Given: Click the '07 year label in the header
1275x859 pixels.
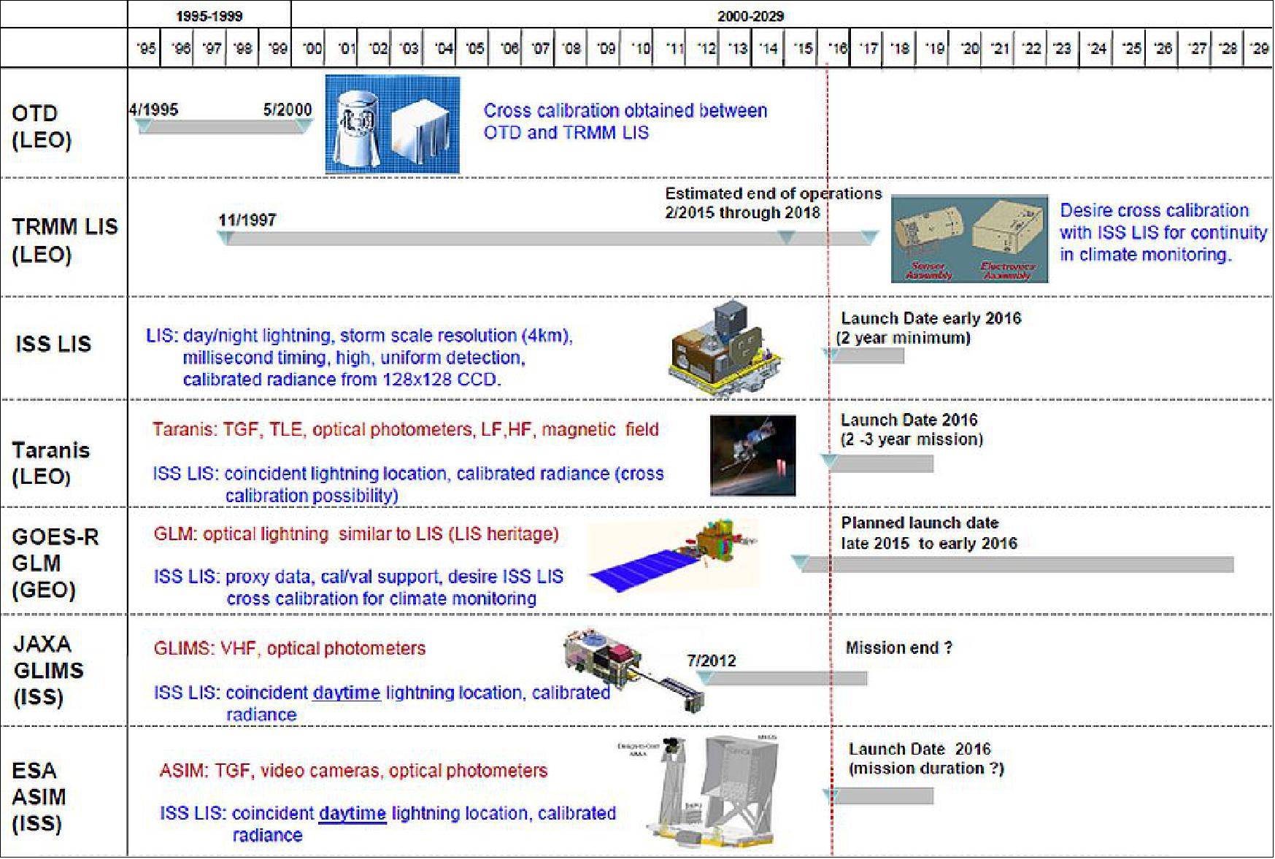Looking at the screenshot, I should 539,49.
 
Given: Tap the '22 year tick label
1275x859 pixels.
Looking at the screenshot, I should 1031,49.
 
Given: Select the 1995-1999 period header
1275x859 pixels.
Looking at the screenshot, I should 209,15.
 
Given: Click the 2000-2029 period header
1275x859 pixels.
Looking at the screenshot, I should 750,15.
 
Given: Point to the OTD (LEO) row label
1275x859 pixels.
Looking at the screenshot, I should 42,126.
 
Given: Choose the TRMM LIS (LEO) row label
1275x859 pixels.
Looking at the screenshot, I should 64,240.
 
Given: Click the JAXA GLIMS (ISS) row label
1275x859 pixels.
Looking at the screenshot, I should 48,670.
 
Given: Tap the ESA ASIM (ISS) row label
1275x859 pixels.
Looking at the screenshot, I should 38,797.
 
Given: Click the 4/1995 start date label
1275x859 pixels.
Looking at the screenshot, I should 153,109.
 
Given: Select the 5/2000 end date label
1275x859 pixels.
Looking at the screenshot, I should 287,109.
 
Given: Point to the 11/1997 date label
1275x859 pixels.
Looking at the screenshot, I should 247,220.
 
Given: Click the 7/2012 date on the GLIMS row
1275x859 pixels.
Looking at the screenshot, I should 712,660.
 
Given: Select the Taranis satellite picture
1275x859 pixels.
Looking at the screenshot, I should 752,455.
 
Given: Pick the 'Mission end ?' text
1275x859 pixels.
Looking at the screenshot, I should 898,647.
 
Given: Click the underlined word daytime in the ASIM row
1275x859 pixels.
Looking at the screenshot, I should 352,813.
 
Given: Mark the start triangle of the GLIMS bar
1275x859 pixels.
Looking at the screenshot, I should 704,677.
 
